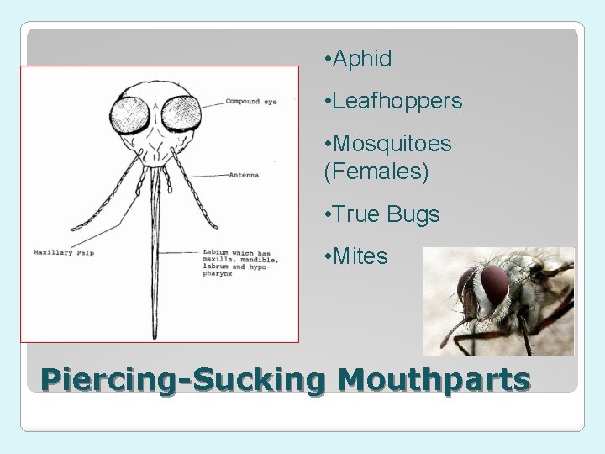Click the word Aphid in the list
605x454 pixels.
pos(362,59)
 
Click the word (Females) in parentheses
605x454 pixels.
pos(376,172)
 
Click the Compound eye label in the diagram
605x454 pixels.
pos(250,103)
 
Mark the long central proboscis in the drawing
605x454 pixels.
pos(155,252)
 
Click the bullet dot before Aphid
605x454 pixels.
pos(326,60)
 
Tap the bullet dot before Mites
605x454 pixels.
pos(326,256)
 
